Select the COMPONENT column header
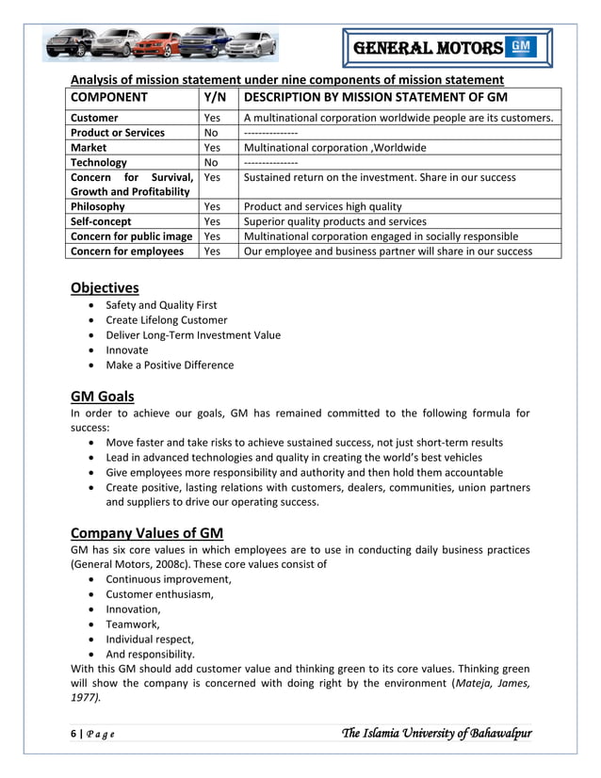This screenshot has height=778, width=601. tap(109, 97)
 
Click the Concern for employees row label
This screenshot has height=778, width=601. tap(127, 251)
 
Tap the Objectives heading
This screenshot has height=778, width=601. tap(105, 287)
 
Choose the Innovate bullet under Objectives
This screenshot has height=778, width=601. tap(126, 349)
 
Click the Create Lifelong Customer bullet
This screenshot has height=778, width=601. tap(166, 319)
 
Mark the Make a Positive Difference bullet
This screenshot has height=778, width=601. tap(170, 365)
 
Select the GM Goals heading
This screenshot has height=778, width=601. tap(103, 396)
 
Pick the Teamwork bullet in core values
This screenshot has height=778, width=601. tap(133, 624)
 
